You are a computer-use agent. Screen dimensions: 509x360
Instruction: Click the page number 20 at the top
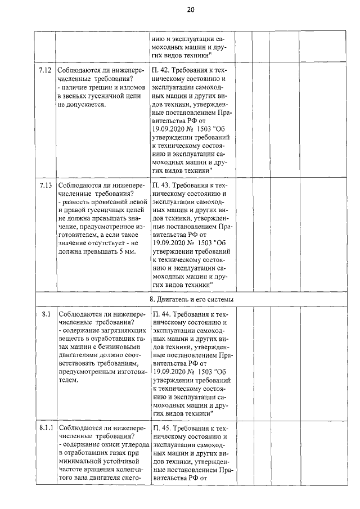coord(190,10)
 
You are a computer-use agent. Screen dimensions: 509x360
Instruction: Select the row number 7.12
coord(46,70)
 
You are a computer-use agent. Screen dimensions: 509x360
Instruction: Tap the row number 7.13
coord(46,184)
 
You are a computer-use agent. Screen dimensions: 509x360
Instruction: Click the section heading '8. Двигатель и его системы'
coord(191,299)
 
